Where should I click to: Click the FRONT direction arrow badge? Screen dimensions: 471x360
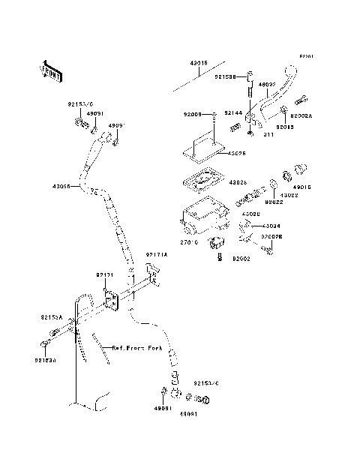50,70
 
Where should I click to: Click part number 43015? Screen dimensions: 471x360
198,64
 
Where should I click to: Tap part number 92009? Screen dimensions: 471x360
193,115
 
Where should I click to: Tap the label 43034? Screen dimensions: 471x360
271,225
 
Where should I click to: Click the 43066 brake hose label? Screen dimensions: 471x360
62,187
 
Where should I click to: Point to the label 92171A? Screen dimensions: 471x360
156,254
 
